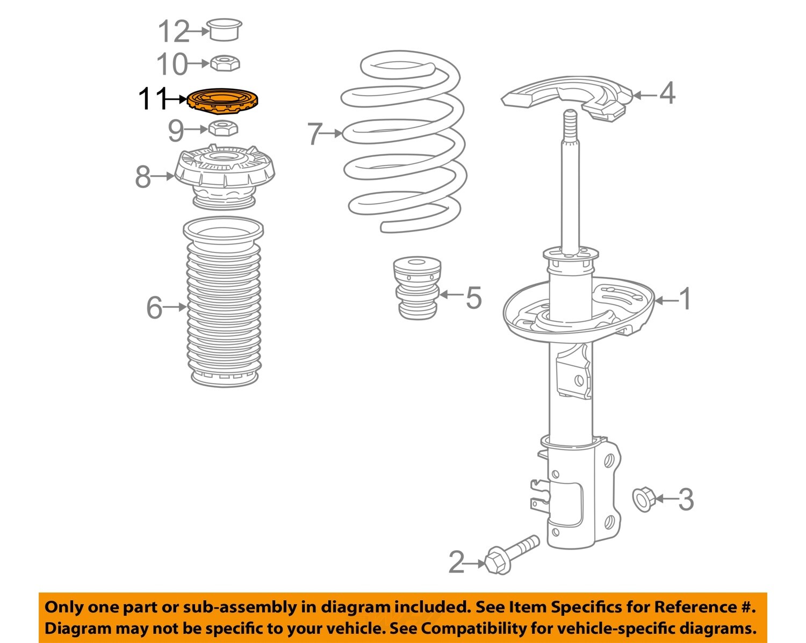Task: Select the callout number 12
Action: coord(173,32)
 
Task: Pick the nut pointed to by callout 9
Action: coord(222,129)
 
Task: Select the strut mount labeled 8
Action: coord(225,177)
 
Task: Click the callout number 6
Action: coord(154,308)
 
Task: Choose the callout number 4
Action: coord(666,93)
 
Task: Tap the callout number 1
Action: coord(685,299)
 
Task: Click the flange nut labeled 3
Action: coord(642,499)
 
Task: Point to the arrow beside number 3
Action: coord(665,499)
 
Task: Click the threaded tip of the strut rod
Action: coord(570,118)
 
